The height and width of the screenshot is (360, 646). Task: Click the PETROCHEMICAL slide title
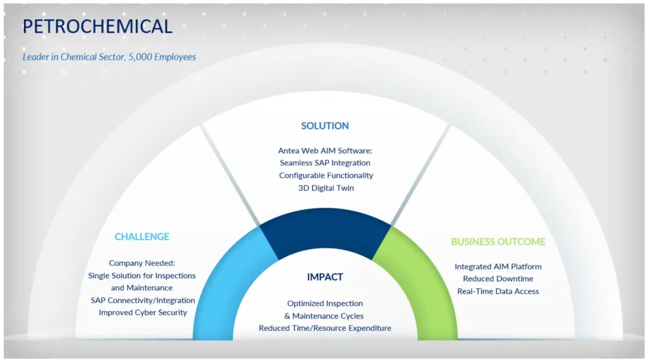97,26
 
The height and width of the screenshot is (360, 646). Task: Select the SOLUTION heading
325,125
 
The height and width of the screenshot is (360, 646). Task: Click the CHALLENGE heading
142,236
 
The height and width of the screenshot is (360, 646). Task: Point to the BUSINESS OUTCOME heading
498,241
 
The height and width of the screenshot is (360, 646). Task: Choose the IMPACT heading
325,277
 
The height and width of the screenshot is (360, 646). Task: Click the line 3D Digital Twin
326,188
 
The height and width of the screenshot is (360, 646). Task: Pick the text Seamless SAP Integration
325,163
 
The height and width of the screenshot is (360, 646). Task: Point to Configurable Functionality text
326,175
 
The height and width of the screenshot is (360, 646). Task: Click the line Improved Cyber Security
143,312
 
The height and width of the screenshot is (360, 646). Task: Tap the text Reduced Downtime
498,279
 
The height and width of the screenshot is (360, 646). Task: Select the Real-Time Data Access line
498,291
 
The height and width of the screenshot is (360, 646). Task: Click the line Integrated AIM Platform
498,267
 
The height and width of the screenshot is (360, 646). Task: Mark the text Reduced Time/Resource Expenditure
325,328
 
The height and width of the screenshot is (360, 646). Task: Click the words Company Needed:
142,263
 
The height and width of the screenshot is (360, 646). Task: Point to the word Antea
289,151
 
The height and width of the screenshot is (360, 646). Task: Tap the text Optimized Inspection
325,303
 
